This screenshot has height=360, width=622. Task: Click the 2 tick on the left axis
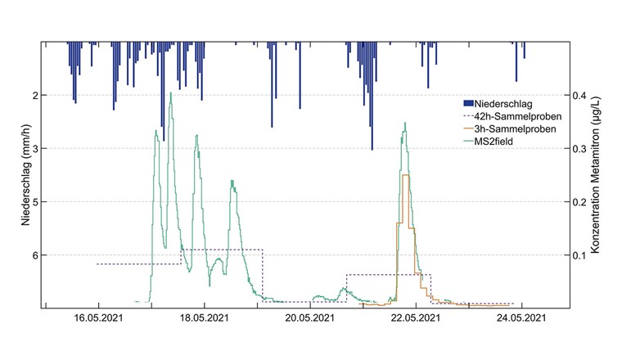[34, 95]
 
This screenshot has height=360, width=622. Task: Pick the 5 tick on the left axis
[34, 201]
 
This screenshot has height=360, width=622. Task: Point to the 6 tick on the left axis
[34, 254]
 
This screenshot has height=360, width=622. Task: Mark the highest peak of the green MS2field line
[170, 93]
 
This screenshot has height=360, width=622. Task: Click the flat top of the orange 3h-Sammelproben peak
[406, 175]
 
